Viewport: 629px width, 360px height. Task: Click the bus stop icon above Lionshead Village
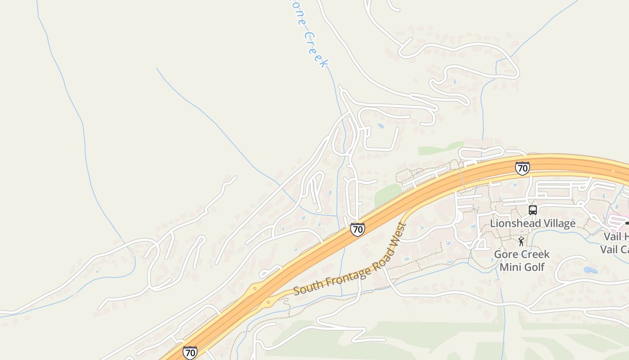[532, 210]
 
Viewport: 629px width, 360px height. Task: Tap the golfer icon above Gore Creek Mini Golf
[521, 242]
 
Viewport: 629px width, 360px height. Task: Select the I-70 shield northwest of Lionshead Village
[522, 168]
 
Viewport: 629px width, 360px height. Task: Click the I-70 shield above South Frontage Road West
[357, 229]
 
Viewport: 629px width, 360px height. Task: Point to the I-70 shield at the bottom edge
[190, 353]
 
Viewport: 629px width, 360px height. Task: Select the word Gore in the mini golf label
[505, 254]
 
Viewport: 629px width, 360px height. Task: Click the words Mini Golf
[522, 267]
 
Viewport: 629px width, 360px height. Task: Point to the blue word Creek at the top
[316, 49]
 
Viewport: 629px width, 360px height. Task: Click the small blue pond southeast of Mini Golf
[590, 270]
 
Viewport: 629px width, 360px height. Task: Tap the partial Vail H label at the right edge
[616, 236]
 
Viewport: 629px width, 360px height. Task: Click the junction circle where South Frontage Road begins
[268, 302]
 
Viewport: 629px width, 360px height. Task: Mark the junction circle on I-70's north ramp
[255, 288]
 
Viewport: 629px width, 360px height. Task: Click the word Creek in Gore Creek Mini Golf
[535, 254]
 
